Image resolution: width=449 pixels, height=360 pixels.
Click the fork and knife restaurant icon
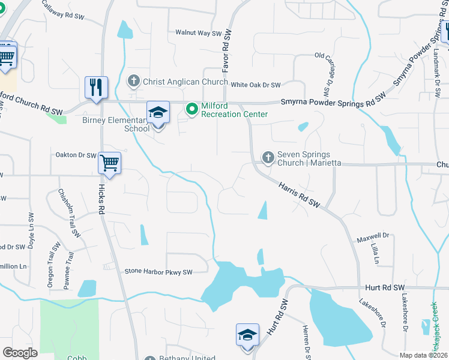coord(96,86)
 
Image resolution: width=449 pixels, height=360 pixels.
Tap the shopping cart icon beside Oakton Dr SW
coord(109,163)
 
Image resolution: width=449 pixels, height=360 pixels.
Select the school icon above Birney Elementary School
coord(158,112)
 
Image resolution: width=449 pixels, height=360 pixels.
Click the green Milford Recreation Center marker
coord(192,109)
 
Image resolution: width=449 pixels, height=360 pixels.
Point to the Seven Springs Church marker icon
coord(268,158)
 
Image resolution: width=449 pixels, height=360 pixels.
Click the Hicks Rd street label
coord(102,198)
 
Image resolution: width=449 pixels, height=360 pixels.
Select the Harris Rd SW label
coord(299,196)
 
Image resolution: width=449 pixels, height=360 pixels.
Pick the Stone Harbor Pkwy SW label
coord(158,272)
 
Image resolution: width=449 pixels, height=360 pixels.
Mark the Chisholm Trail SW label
coord(68,212)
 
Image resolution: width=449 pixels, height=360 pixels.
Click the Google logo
coord(20,353)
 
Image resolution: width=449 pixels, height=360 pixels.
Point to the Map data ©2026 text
coord(423,355)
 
